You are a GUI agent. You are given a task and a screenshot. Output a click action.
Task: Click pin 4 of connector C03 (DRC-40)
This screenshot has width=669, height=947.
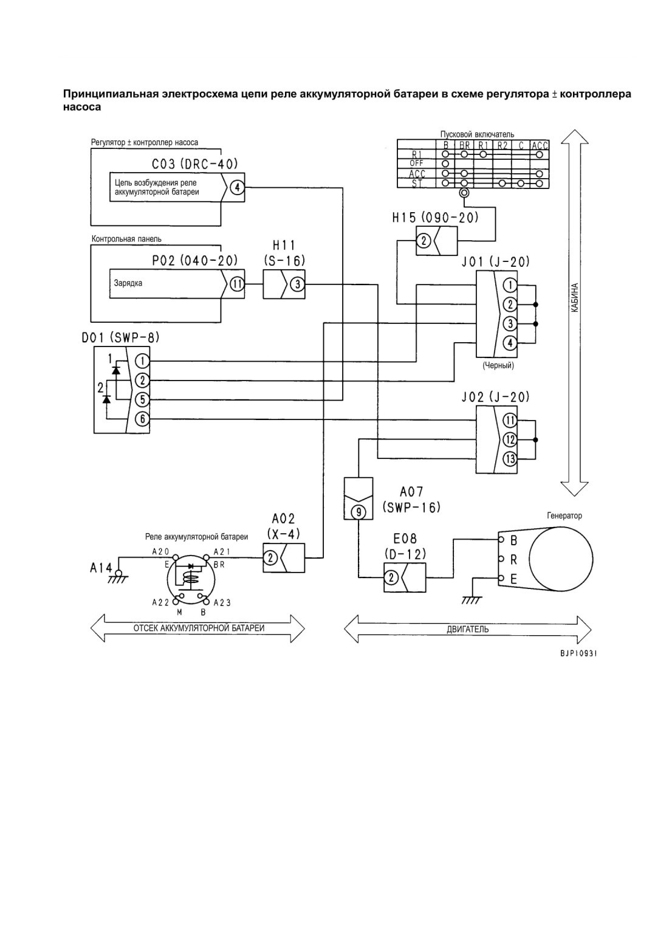coord(238,187)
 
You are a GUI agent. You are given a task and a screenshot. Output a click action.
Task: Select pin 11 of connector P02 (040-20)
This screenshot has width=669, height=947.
coord(237,284)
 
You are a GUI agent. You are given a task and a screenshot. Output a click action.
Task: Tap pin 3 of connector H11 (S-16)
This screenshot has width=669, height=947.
coord(298,284)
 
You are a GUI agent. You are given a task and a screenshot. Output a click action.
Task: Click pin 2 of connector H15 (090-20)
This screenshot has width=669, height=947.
coord(424,241)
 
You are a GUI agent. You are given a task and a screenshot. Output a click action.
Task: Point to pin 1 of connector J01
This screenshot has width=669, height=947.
coord(510,285)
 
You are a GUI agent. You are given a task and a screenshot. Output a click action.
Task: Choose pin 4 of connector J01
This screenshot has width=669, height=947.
coord(510,342)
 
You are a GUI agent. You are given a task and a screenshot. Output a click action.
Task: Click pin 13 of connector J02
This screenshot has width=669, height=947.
coord(510,459)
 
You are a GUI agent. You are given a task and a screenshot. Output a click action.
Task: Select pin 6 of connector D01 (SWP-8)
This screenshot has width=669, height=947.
coord(142,419)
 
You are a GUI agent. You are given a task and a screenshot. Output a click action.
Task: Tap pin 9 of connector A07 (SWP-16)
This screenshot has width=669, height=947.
coord(359,512)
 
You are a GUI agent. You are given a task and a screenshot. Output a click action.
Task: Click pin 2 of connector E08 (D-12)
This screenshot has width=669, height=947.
coord(391,577)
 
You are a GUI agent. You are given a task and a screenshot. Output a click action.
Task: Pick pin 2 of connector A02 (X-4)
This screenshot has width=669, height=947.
coord(270,558)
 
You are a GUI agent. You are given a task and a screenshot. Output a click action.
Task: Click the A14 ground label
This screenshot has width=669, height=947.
coord(100,568)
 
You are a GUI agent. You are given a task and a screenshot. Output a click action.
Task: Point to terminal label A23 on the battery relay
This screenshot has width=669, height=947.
coord(222,602)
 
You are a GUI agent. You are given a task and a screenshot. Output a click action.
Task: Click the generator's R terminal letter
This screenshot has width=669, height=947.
coord(513,560)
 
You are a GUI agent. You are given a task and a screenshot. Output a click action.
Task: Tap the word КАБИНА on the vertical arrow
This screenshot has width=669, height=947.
coord(575,298)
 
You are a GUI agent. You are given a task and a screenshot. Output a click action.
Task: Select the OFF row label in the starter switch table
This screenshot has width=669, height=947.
coord(416,163)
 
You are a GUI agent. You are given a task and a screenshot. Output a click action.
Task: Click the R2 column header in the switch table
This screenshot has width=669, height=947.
coord(502,145)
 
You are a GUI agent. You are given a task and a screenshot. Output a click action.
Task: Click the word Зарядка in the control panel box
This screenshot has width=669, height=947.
coord(128,283)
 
